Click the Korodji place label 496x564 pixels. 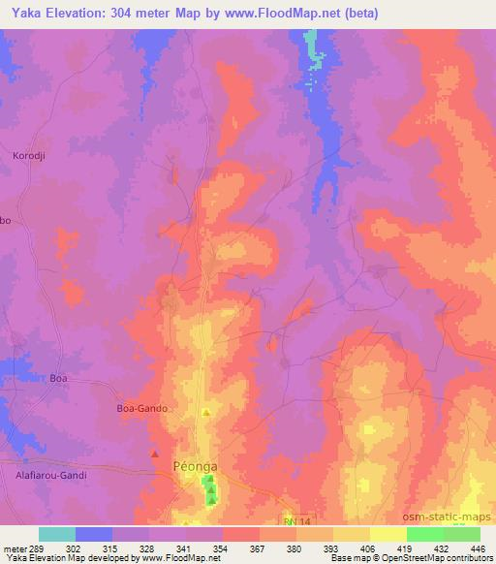click(29, 156)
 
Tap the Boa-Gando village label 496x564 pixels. click(142, 409)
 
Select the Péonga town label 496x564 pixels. click(195, 466)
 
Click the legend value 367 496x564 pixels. click(256, 548)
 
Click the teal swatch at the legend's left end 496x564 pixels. click(57, 534)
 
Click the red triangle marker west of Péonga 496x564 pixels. click(155, 453)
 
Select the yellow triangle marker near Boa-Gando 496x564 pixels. click(204, 414)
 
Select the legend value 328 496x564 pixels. click(143, 548)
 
